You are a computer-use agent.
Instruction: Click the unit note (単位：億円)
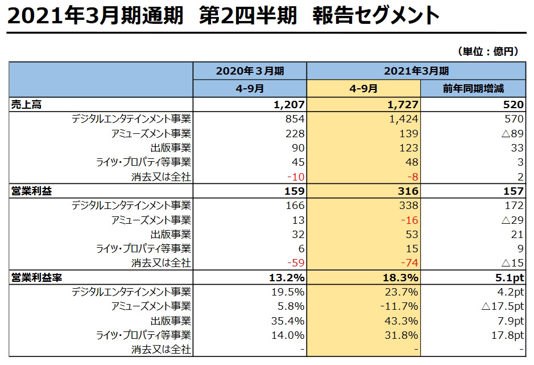coord(487,51)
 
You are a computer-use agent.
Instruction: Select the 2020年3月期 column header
coord(250,71)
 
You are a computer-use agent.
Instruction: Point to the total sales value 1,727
coord(402,104)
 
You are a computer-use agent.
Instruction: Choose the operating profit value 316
coord(407,191)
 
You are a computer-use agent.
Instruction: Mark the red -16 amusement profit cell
coord(409,220)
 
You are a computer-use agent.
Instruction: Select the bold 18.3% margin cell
coord(401,278)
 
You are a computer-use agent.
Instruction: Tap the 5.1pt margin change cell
coord(508,278)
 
